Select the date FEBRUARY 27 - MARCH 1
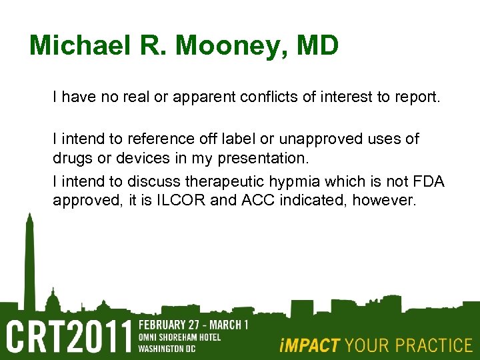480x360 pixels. click(x=193, y=325)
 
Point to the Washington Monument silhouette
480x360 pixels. click(x=29, y=260)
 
